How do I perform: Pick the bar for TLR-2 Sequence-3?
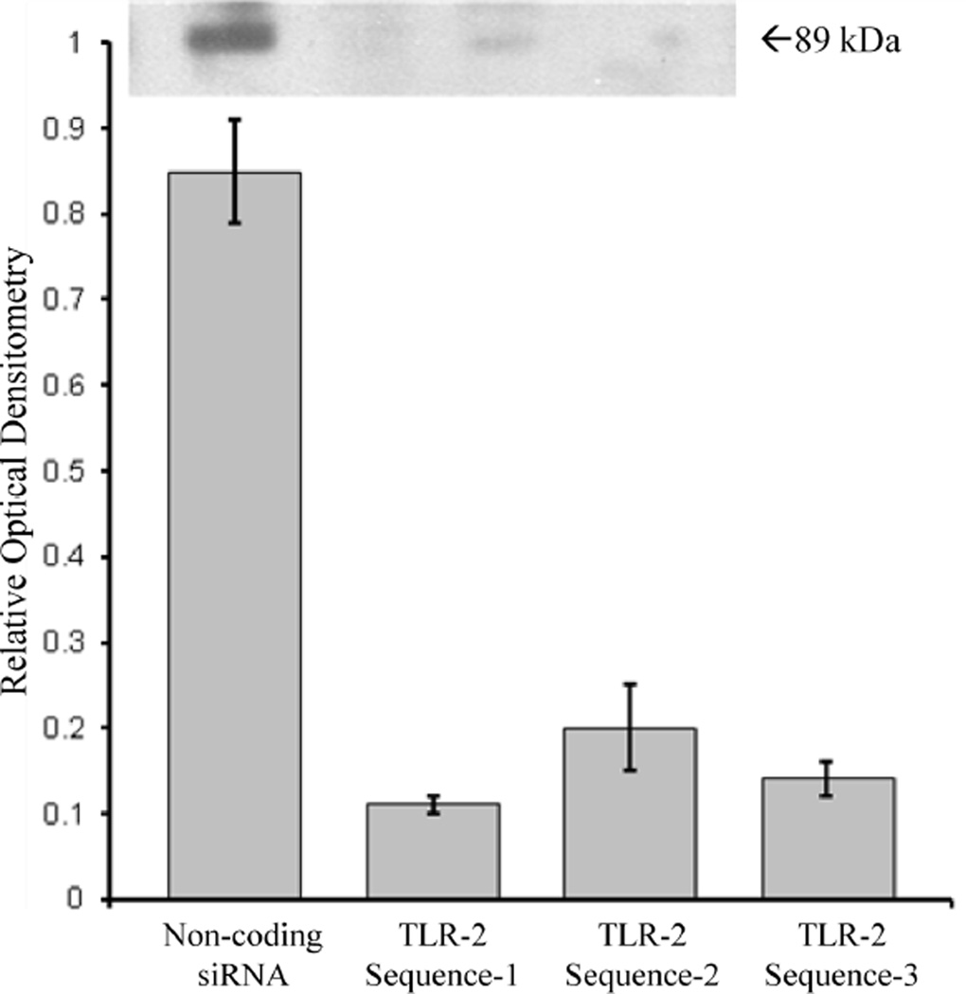tap(828, 837)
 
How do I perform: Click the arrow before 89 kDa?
tap(775, 40)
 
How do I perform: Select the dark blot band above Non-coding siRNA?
tap(231, 38)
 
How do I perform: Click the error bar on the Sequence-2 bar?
tap(630, 726)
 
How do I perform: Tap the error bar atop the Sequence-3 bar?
tap(828, 778)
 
